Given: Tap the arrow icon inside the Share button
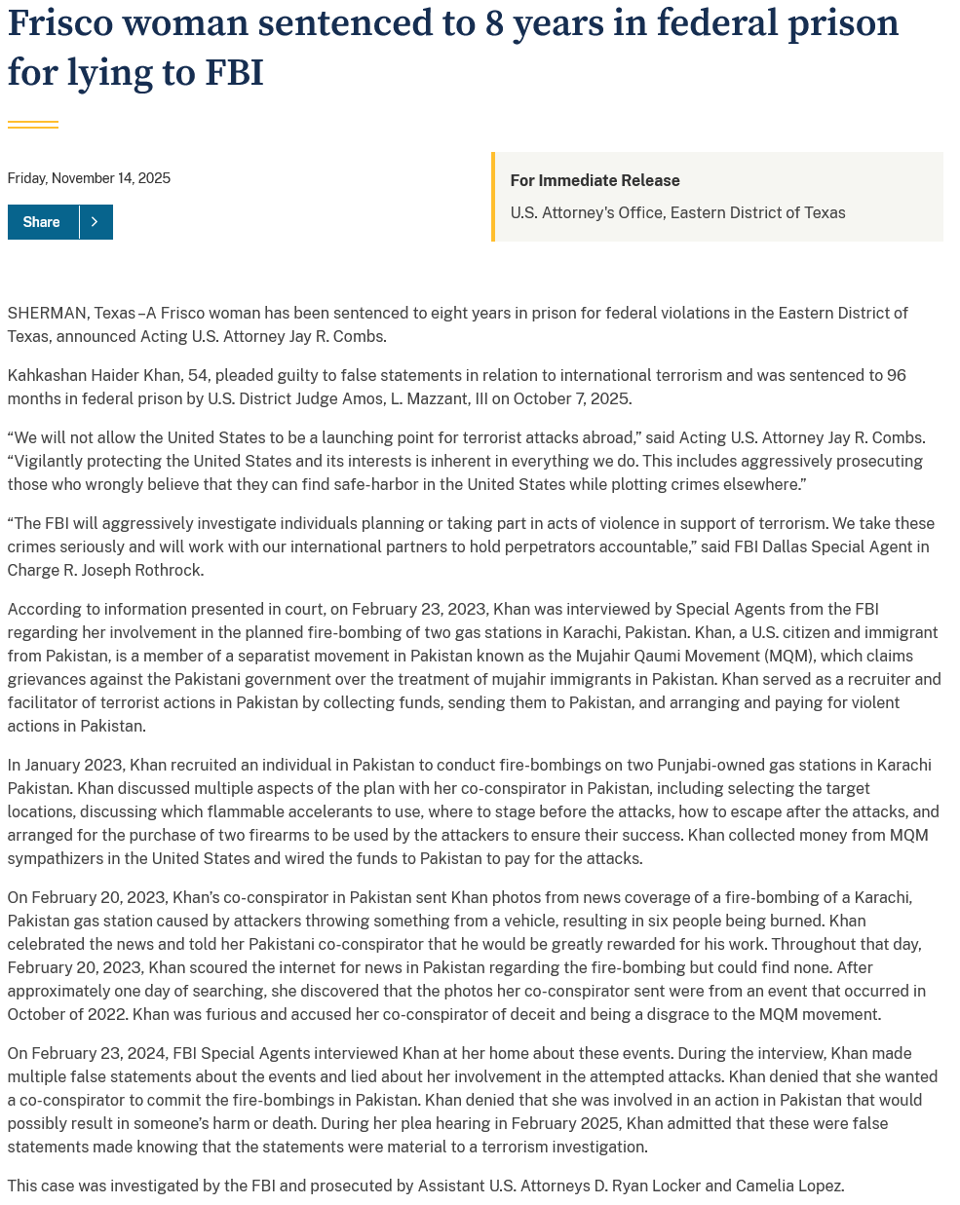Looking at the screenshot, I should tap(95, 222).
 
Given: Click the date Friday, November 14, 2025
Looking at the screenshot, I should tap(89, 178).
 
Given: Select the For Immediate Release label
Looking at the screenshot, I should tap(595, 180).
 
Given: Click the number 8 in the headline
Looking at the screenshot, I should tap(494, 23).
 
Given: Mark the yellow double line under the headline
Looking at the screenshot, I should tap(32, 124).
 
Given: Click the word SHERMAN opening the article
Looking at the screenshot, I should tap(47, 313).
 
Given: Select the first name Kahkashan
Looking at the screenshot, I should tap(46, 375).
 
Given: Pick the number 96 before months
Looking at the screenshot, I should tap(896, 375).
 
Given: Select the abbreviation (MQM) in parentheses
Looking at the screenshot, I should tap(790, 656).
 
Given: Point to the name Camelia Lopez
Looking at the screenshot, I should tap(788, 1186).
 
